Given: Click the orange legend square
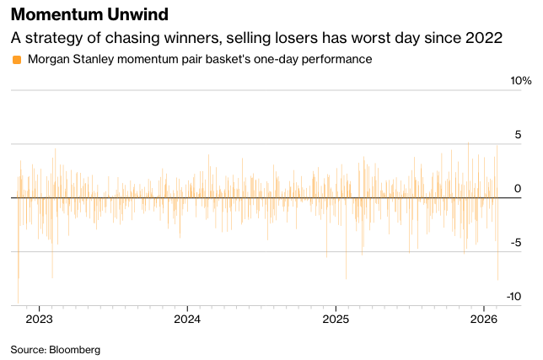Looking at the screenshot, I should (x=17, y=60).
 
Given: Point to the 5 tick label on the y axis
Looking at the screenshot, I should (x=518, y=135).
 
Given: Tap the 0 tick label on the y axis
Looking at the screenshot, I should (x=519, y=189).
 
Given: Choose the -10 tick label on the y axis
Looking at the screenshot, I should (x=513, y=297).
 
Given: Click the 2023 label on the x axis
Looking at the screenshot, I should (x=39, y=320).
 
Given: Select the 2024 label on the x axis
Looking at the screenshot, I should (x=187, y=320).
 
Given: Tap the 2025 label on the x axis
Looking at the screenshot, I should (x=336, y=320).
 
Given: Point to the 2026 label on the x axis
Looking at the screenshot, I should (x=483, y=320).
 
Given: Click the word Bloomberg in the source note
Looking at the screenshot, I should (x=74, y=349).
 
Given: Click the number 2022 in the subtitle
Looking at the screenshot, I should (x=486, y=38).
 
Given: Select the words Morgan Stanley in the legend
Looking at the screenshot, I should (x=68, y=60).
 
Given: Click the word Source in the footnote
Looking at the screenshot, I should (x=27, y=349).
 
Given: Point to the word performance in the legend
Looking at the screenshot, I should (x=336, y=60).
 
